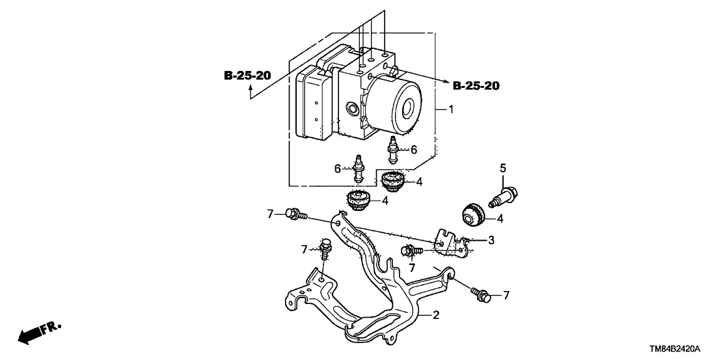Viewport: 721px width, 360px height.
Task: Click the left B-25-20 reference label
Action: [247, 76]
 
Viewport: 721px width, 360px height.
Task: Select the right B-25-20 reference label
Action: [476, 85]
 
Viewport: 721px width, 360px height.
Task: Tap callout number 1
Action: [450, 111]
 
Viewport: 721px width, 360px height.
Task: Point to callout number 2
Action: [437, 316]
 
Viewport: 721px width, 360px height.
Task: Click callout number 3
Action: [491, 240]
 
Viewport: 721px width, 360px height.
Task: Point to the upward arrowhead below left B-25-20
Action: [251, 95]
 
